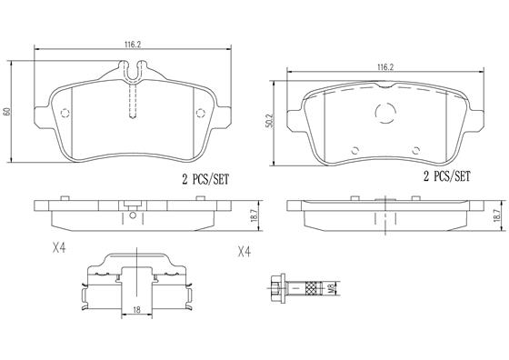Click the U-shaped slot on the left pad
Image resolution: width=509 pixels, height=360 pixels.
tap(134, 69)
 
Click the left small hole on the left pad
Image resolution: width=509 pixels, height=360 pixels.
tap(65, 114)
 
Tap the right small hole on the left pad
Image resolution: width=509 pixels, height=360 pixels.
tap(201, 114)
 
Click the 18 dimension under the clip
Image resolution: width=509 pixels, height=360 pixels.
tap(135, 311)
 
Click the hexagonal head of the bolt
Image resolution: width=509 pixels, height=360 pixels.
tap(277, 290)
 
